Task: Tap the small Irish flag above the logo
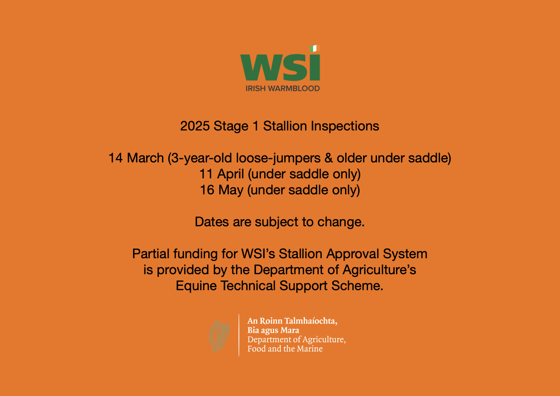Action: click(314, 48)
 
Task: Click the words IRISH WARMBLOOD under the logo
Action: click(282, 89)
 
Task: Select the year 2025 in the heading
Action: click(195, 126)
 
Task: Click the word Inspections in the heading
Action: click(345, 126)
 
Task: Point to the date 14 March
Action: click(136, 158)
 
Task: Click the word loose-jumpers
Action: click(278, 158)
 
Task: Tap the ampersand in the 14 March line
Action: click(328, 158)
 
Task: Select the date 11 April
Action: click(222, 174)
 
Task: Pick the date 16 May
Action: click(222, 190)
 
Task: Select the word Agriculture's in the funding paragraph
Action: click(379, 270)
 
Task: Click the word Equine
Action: click(196, 286)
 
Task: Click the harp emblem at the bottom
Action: click(220, 335)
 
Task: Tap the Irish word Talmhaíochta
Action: click(311, 321)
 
